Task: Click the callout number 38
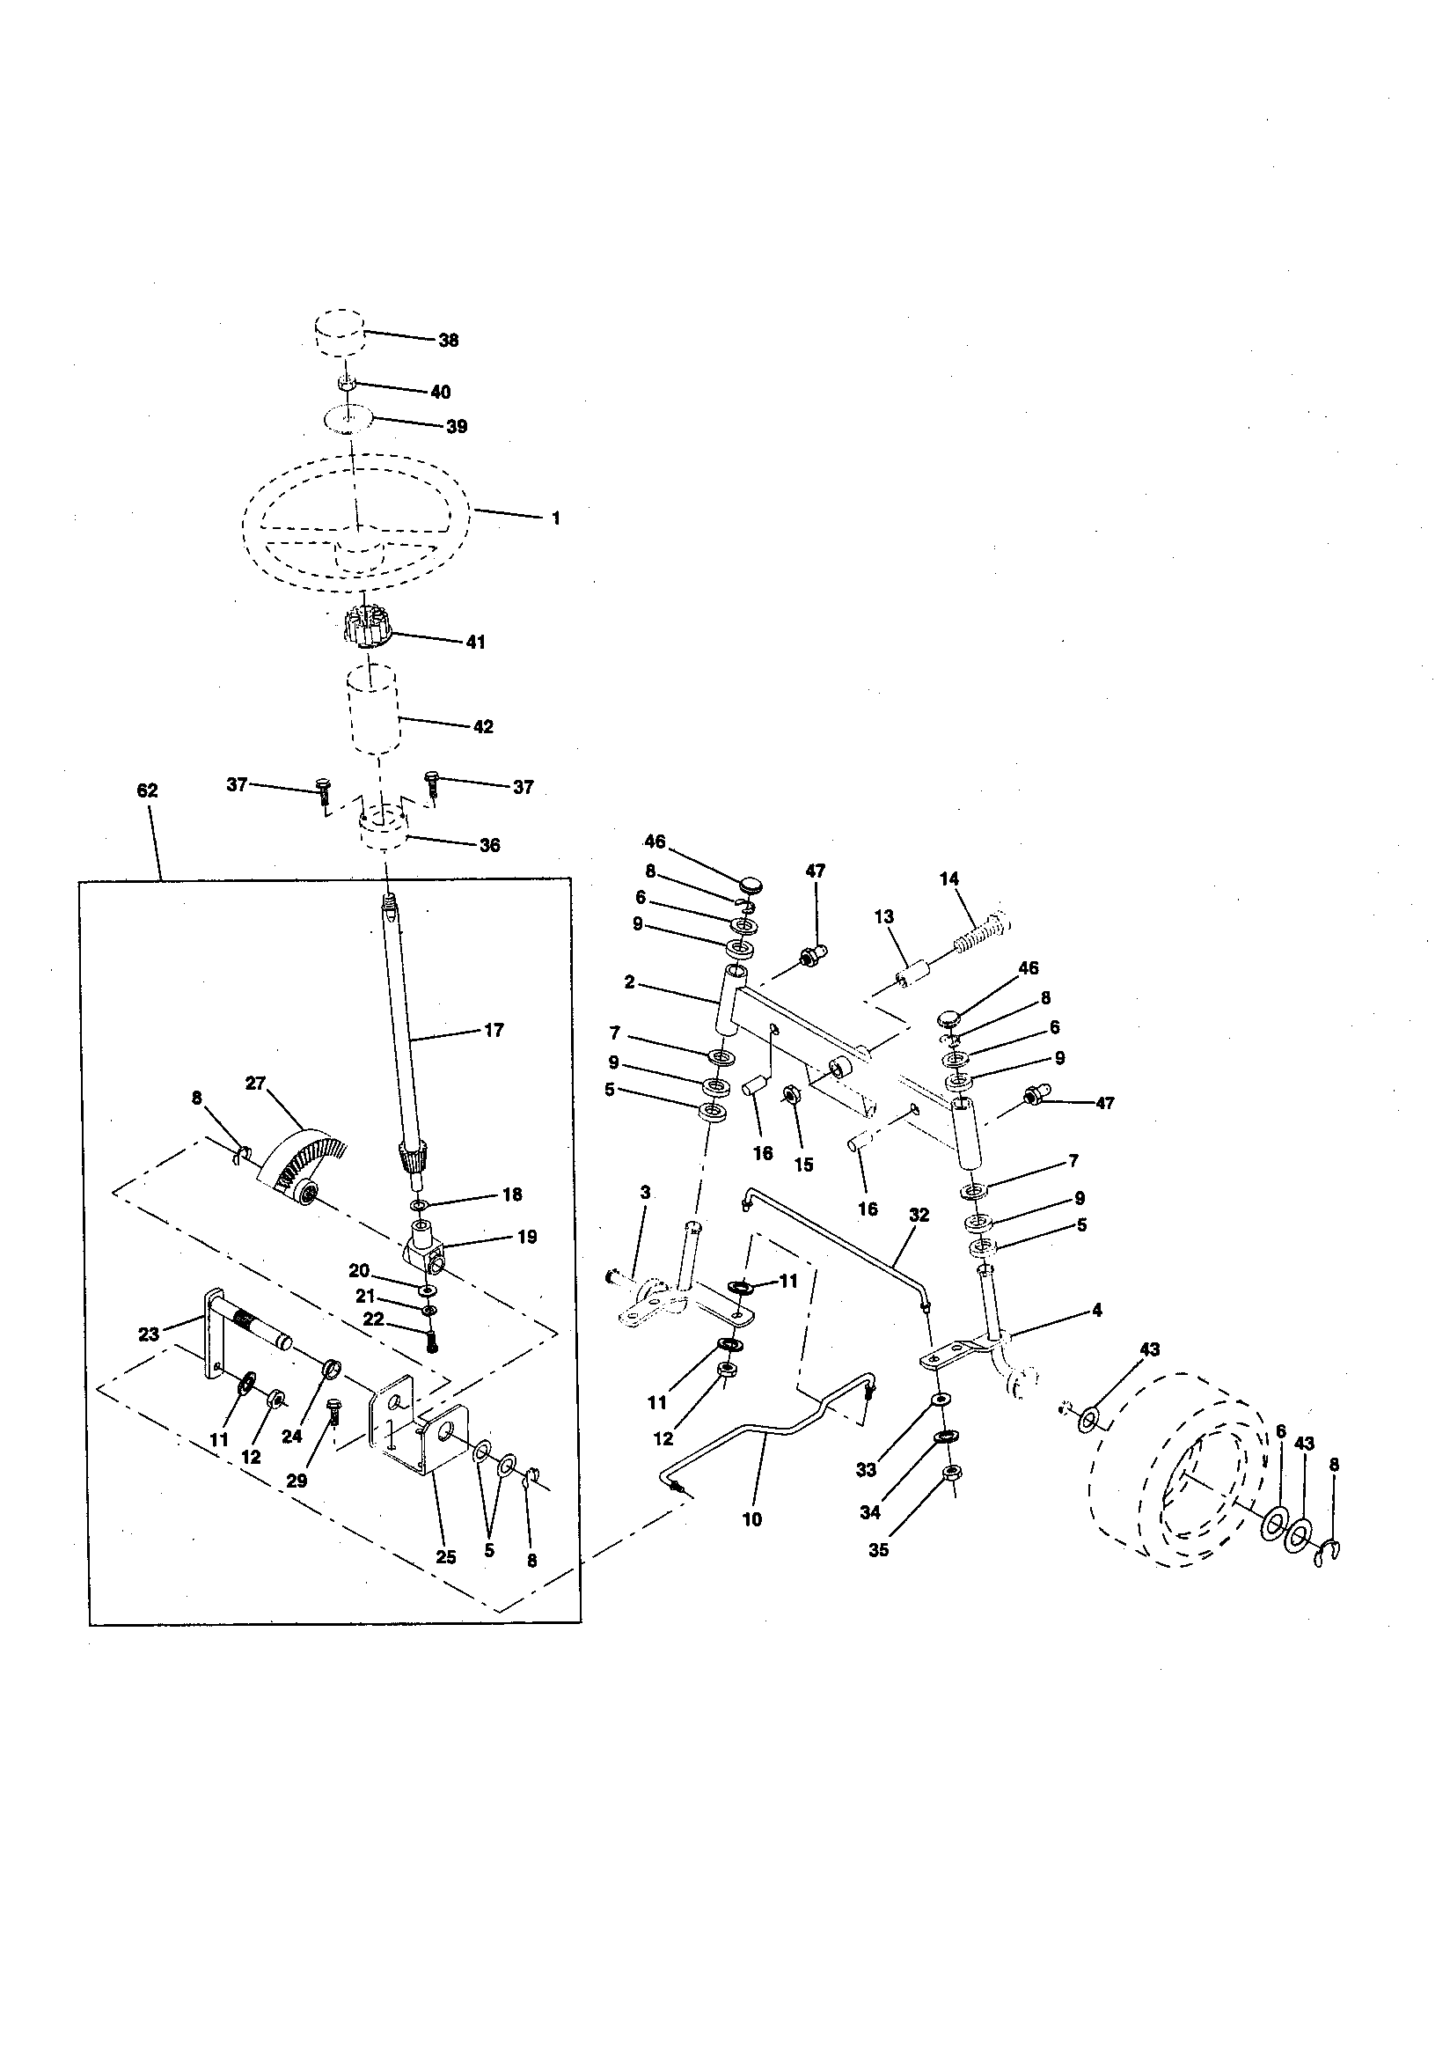pyautogui.click(x=448, y=341)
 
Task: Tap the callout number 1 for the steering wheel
pyautogui.click(x=555, y=518)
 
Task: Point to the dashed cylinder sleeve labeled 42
pyautogui.click(x=372, y=708)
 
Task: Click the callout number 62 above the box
pyautogui.click(x=147, y=790)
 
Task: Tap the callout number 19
pyautogui.click(x=527, y=1238)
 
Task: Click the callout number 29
pyautogui.click(x=297, y=1481)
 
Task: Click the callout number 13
pyautogui.click(x=883, y=917)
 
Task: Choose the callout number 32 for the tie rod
pyautogui.click(x=919, y=1216)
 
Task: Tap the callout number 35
pyautogui.click(x=879, y=1550)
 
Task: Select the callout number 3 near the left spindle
pyautogui.click(x=645, y=1193)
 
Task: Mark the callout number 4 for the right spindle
pyautogui.click(x=1097, y=1311)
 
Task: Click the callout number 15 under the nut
pyautogui.click(x=804, y=1165)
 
